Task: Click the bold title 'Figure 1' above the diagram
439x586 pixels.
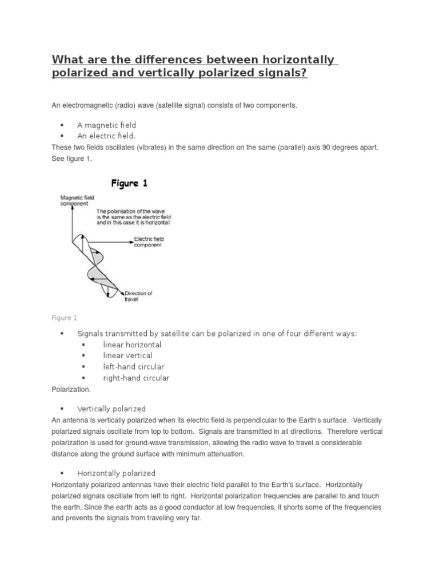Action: tap(129, 184)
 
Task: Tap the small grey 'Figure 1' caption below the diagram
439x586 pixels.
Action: tap(64, 318)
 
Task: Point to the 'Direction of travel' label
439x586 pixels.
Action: tap(138, 296)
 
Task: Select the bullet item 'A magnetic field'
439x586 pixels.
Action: tap(106, 125)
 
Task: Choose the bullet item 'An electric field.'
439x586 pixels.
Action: tap(106, 136)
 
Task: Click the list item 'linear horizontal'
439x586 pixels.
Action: tap(132, 345)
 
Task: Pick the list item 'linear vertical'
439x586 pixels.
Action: tap(127, 355)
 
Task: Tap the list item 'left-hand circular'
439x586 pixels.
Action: tap(133, 366)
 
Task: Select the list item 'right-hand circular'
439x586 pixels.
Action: tap(136, 378)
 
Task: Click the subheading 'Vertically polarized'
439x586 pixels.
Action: tap(111, 409)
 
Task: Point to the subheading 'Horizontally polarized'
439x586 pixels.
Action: tap(116, 473)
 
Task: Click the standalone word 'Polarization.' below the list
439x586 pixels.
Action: tap(71, 389)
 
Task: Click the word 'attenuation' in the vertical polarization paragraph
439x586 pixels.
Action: tap(224, 454)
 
